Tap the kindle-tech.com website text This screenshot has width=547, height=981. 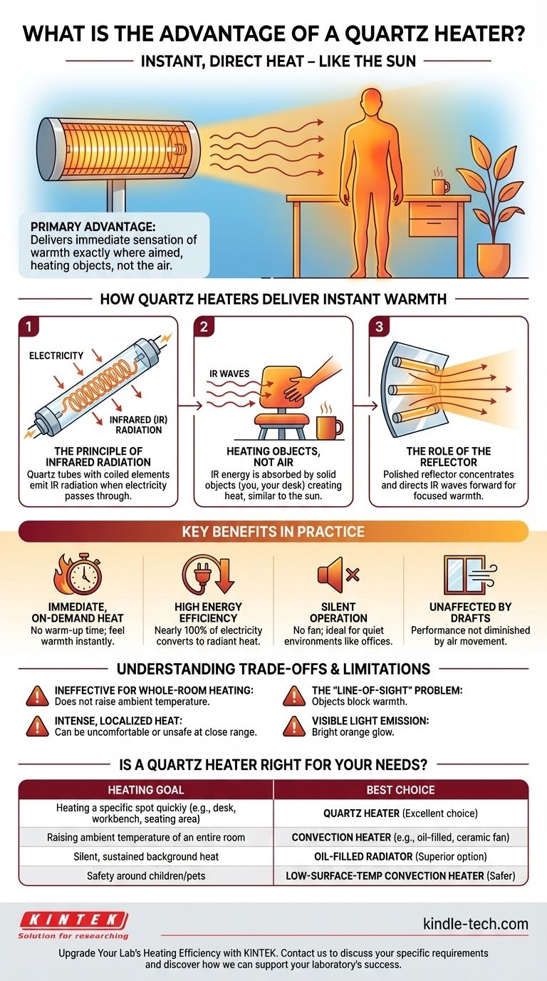476,924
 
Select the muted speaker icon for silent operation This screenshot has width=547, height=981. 338,575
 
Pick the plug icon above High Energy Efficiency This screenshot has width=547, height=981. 208,574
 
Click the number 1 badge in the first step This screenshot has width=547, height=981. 29,327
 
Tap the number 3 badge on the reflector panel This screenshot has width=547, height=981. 379,327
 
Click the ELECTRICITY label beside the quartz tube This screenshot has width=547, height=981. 56,356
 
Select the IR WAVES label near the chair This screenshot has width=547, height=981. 229,374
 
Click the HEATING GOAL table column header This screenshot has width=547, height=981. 146,790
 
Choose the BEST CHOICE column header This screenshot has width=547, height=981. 400,790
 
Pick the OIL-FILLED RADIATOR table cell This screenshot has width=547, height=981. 400,856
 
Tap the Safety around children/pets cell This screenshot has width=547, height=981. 146,875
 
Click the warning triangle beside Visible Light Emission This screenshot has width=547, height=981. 294,726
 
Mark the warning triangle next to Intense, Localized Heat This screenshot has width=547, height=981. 37,726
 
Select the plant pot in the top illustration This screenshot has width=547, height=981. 493,260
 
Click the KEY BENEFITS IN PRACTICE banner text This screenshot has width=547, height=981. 273,531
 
